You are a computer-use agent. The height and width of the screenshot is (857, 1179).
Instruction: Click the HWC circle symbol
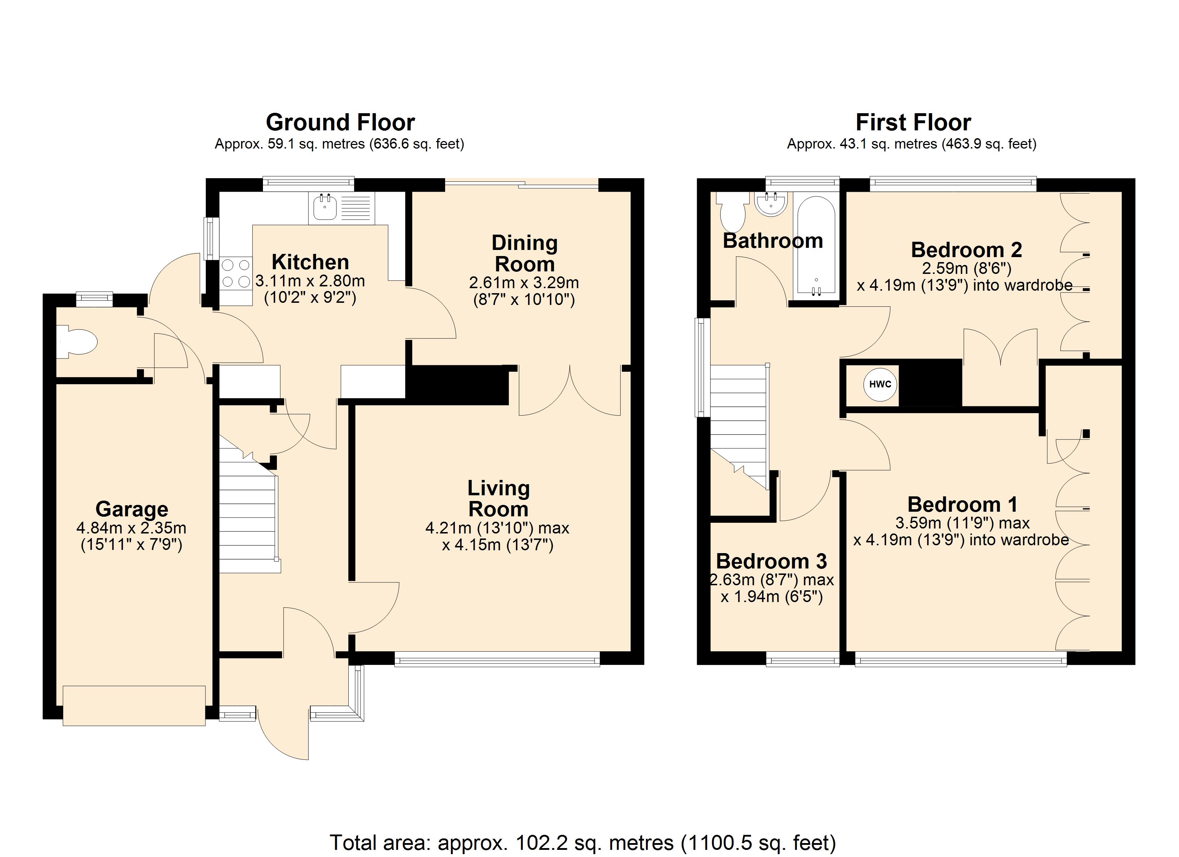click(x=880, y=384)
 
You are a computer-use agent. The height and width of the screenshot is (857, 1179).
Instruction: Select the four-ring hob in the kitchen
click(x=236, y=274)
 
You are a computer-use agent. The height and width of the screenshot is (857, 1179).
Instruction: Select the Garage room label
click(x=132, y=509)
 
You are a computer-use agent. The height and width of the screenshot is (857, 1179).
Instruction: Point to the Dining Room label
click(x=524, y=253)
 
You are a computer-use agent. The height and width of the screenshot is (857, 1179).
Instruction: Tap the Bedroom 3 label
click(x=771, y=561)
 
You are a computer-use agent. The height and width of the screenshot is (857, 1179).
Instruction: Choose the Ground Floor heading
click(x=340, y=122)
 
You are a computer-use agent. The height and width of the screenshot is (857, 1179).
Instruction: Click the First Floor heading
click(x=913, y=122)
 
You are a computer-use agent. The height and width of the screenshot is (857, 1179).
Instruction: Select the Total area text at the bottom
click(x=583, y=842)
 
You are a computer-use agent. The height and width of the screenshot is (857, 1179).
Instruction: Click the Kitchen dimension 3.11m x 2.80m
click(x=310, y=281)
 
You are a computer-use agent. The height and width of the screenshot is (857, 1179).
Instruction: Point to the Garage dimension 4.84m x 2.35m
click(x=131, y=528)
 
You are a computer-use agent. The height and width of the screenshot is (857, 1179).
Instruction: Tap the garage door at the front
click(x=134, y=705)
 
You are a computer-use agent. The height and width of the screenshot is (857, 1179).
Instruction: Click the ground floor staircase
click(x=249, y=504)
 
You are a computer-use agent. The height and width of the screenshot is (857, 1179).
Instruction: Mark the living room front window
click(x=497, y=661)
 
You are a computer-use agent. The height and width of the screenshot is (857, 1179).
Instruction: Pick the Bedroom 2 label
click(x=966, y=250)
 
